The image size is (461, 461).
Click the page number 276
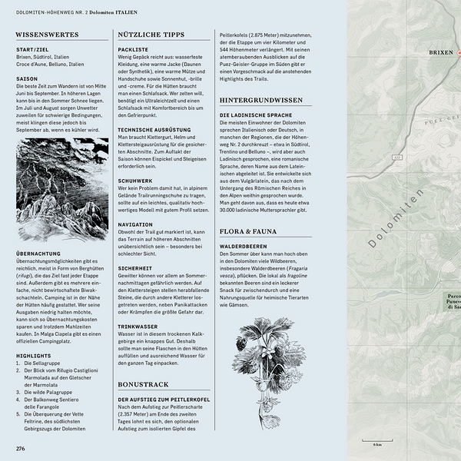(x=21, y=448)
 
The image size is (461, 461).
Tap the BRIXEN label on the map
(x=440, y=53)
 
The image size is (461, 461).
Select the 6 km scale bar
(x=378, y=441)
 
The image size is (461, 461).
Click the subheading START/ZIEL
(x=33, y=49)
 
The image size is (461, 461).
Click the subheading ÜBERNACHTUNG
(x=39, y=253)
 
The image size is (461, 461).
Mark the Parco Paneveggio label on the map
(x=453, y=303)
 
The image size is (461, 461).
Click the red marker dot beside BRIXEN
(x=459, y=53)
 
